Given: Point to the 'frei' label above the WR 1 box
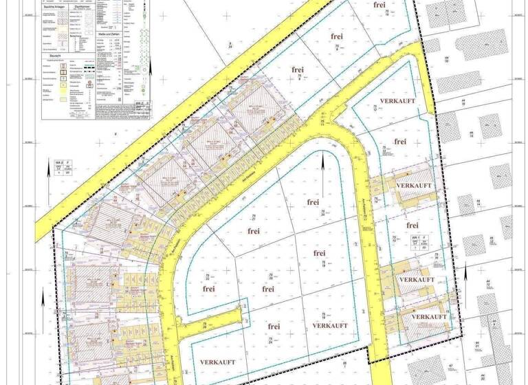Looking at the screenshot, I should [412, 225].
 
